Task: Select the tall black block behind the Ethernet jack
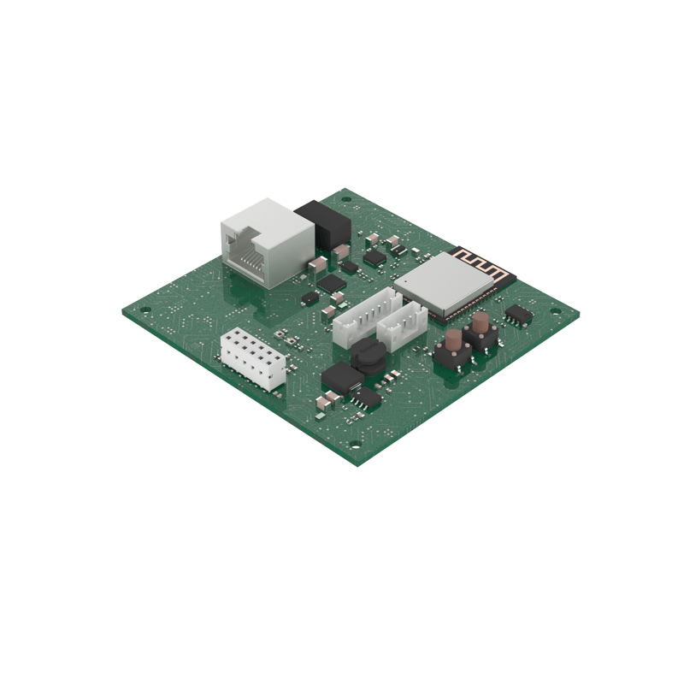click(322, 224)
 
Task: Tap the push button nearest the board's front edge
click(450, 350)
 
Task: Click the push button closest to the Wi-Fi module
click(481, 329)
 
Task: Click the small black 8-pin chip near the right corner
click(517, 315)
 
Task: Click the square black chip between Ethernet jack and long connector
click(332, 281)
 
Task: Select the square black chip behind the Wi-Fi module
click(374, 256)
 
